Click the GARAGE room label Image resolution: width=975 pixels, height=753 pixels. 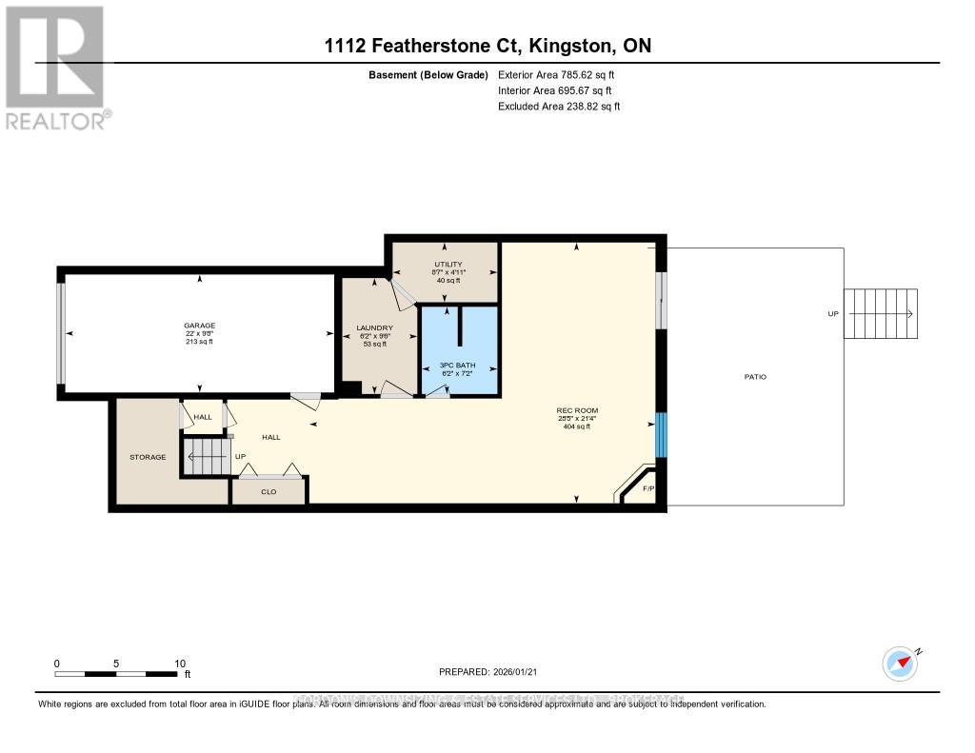coord(200,326)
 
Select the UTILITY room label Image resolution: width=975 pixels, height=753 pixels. coord(447,264)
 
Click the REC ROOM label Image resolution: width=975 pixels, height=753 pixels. coord(577,411)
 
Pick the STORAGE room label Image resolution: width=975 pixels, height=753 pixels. coord(148,457)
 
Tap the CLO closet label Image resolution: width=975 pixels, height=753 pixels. coord(269,492)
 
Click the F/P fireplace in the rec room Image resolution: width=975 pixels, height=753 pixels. coord(647,488)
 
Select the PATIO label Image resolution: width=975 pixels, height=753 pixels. coord(755,377)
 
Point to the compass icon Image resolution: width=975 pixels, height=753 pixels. coord(900,663)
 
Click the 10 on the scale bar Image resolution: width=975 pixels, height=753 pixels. coord(179,664)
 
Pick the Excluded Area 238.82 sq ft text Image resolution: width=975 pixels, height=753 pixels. coord(559,107)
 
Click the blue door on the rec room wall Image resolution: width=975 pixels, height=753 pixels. coord(661,436)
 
